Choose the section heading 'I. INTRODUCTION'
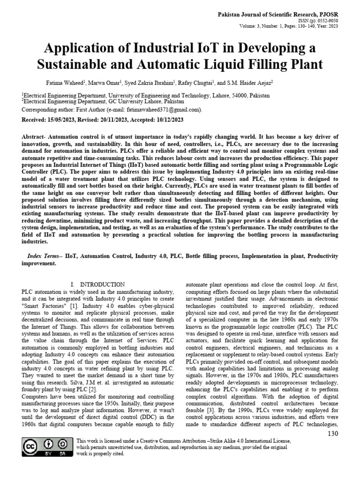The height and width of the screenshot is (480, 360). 97,284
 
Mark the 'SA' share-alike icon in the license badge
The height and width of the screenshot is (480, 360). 62,444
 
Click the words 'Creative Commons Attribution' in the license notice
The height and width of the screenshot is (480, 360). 181,441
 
